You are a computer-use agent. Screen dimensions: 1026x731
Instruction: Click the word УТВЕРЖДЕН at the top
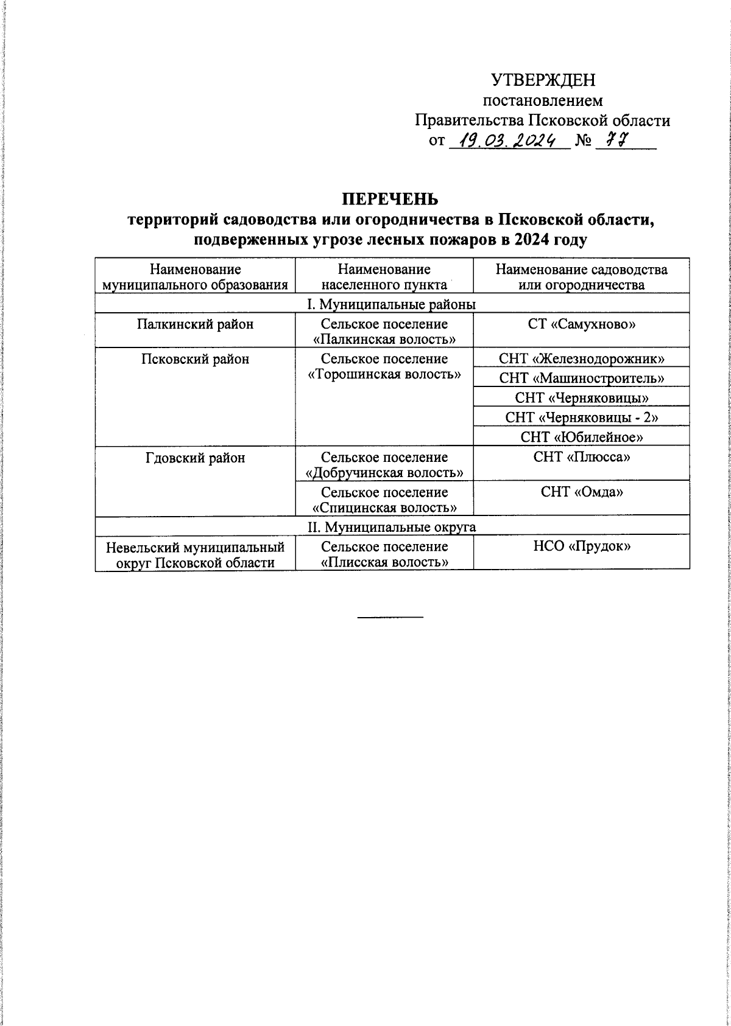coord(543,80)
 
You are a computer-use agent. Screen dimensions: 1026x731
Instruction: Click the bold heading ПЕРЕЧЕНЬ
coord(390,200)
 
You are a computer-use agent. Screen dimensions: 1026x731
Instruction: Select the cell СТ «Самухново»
coord(582,324)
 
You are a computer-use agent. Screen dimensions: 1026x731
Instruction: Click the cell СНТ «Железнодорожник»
coord(582,358)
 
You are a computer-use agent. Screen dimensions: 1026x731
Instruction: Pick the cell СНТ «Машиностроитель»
coord(582,378)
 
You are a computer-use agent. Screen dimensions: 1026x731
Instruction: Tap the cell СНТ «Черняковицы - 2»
coord(582,417)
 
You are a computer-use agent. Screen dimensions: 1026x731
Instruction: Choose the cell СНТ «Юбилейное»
coord(582,436)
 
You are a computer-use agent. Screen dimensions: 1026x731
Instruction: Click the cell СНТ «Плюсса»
coord(582,457)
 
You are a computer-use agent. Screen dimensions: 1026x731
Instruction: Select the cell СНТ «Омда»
coord(582,492)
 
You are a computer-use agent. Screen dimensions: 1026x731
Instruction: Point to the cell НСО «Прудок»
coord(582,546)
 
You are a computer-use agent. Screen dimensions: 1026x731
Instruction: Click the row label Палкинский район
coord(195,324)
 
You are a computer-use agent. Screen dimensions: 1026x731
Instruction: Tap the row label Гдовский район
coord(195,457)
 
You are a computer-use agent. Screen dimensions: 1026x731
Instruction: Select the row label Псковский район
coord(195,359)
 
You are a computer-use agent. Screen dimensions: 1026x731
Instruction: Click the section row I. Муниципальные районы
coord(392,304)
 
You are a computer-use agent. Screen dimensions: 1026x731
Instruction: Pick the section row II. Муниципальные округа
coord(392,526)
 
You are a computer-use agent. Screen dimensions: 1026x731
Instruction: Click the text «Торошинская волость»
coord(384,374)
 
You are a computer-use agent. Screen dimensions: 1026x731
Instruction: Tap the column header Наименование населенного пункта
coord(384,277)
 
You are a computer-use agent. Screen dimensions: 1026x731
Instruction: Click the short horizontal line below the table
coord(390,618)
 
